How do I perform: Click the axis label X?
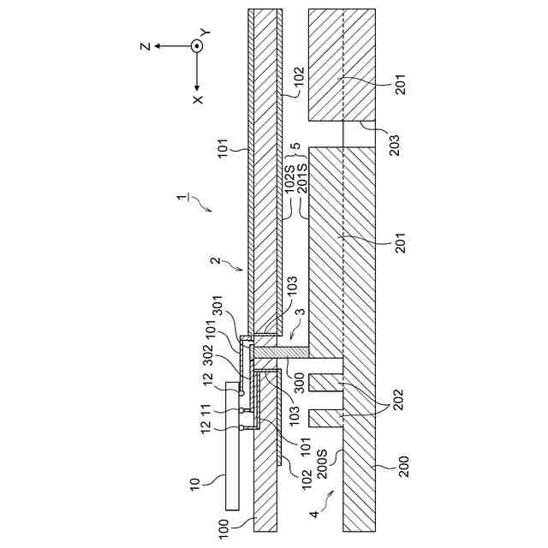coord(199,99)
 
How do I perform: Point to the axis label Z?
coord(146,46)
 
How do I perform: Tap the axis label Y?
coord(205,33)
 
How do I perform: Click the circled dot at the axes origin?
coord(198,46)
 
